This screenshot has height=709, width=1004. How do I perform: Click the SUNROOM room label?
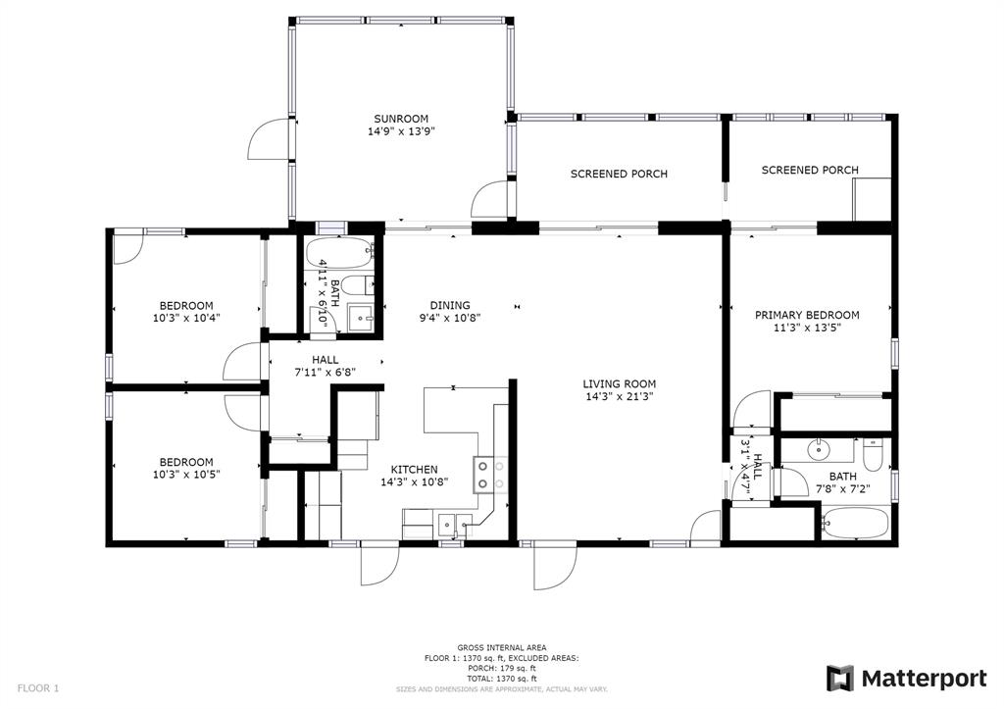tap(401, 119)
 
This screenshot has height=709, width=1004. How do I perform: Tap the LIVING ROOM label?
tap(620, 384)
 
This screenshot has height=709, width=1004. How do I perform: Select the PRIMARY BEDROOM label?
tap(807, 315)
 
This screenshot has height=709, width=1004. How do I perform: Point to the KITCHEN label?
tap(415, 470)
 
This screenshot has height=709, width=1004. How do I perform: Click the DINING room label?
tap(450, 306)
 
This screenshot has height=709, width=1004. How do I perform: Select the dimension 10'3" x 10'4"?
tap(186, 318)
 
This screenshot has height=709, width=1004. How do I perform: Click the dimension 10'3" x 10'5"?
tap(186, 475)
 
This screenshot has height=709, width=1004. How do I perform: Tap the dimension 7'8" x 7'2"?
tap(842, 489)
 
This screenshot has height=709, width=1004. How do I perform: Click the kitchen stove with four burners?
tap(490, 475)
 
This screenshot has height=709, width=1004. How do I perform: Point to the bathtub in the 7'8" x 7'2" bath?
tap(855, 523)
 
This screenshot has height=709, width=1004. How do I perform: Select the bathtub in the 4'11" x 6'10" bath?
tap(338, 253)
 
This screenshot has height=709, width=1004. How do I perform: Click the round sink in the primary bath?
tap(819, 450)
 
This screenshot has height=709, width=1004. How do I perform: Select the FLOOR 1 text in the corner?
tap(38, 688)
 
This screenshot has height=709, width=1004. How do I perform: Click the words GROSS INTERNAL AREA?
tap(501, 647)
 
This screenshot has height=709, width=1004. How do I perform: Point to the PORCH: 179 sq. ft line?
tap(501, 668)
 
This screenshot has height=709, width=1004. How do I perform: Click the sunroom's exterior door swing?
tap(269, 138)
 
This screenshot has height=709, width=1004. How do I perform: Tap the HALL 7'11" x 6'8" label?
tap(325, 365)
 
